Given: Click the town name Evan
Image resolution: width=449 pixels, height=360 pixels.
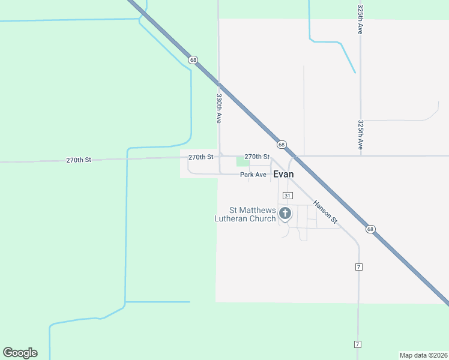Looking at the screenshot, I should click(x=283, y=174).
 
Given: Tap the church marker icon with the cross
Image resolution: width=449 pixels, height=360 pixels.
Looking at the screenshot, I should click(x=285, y=213).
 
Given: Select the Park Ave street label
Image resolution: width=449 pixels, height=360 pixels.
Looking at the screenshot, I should click(x=253, y=175).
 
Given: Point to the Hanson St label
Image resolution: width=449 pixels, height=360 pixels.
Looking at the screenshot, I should click(x=327, y=214).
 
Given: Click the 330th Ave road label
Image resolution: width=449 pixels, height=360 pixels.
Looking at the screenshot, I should click(x=220, y=108).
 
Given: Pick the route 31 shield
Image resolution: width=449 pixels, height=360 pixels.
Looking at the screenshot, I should click(x=287, y=196).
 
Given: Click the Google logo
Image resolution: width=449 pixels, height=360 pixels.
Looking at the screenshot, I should click(x=20, y=353).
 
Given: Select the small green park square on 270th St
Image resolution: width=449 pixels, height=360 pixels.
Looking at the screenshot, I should click(x=243, y=161).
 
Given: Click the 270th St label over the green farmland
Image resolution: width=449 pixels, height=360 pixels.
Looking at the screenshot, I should click(x=78, y=160).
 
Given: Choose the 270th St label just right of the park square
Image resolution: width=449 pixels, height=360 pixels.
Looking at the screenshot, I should click(x=256, y=157).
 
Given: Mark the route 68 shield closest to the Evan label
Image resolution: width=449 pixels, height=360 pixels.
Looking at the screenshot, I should click(x=281, y=145).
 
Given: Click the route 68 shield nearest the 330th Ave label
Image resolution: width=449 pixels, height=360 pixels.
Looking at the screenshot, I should click(x=192, y=60).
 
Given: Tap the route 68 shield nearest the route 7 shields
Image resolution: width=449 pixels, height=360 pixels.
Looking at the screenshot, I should click(x=370, y=229).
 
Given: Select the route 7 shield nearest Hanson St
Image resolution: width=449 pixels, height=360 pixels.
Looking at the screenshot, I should click(x=358, y=266).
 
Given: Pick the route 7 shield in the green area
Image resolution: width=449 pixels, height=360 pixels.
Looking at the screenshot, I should click(x=357, y=344).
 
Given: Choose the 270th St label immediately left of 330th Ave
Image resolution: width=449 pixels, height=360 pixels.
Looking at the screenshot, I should click(x=200, y=157).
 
